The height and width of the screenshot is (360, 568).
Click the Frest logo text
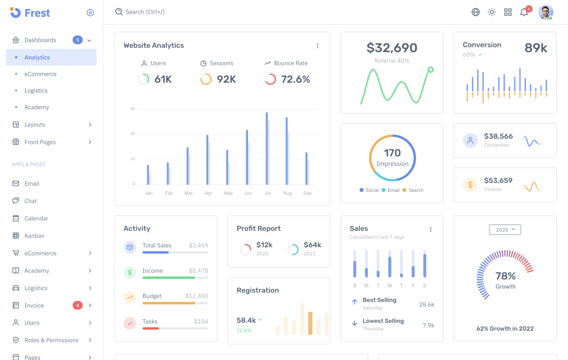pos(37,13)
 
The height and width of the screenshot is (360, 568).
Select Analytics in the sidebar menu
pos(37,57)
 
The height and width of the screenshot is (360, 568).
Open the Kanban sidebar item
pos(34,235)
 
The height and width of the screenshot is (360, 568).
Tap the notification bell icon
pos(524,12)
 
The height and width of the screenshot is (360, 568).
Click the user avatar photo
pos(546,12)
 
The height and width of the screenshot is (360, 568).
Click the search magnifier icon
pos(119,12)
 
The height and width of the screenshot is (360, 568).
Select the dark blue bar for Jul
pos(267,148)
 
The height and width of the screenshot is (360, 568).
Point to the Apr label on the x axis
pos(208,193)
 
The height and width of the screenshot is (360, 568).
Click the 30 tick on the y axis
pos(133,109)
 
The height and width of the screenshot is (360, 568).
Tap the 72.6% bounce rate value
pos(295,80)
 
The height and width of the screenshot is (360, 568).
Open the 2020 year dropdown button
pos(505,230)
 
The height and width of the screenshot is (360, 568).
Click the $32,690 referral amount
pos(392,48)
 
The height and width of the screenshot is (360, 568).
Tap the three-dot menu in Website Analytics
pos(318,46)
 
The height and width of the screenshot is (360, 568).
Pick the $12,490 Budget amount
pos(196,296)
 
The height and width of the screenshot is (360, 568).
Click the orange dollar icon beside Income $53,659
pos(470,185)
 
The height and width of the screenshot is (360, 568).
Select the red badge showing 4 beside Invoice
pos(78,306)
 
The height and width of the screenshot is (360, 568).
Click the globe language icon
pos(476,12)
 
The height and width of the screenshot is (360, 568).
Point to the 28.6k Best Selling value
pos(426,305)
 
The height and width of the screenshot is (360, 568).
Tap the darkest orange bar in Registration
pos(310,323)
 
